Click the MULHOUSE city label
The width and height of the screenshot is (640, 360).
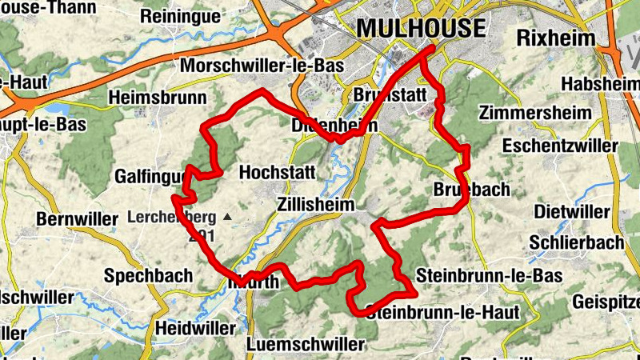421,28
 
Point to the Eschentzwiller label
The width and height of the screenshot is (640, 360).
560,146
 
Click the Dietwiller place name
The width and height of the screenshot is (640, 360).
570,212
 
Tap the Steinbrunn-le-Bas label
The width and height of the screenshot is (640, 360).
490,275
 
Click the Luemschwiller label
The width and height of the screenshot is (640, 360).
306,344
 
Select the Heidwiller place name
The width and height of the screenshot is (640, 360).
196,328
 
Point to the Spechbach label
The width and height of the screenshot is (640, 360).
149,275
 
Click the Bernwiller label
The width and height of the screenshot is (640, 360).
77,218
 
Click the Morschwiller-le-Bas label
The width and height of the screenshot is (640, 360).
263,66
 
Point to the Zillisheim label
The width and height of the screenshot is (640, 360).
316,205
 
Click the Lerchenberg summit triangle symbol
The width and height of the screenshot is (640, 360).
227,217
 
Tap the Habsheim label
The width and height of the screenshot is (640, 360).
600,83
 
